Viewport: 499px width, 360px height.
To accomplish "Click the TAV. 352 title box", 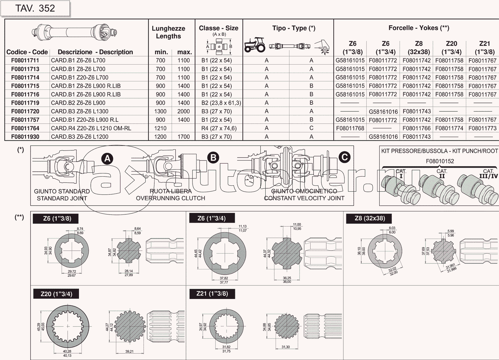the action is click(35, 9).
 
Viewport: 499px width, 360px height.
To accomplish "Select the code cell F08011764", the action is click(25, 129).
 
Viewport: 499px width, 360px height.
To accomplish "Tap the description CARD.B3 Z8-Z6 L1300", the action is click(80, 111).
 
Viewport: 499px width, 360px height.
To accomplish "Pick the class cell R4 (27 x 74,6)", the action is click(219, 129).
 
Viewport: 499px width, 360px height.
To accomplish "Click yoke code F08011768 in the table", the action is click(350, 129).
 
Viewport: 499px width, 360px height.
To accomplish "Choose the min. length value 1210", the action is click(160, 129).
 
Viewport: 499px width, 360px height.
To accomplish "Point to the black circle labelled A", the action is click(107, 159).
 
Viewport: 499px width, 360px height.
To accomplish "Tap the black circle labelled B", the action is click(213, 158).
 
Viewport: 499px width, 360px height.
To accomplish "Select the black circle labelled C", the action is click(344, 157).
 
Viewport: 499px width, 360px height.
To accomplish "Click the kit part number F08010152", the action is click(440, 161).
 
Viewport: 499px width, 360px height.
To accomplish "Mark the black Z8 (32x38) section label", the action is click(370, 218).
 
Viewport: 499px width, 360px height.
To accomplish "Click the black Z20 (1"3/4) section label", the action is click(56, 294).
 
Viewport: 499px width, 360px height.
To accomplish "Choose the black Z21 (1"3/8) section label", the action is click(212, 294).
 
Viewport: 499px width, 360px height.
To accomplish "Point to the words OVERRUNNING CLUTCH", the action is click(171, 198).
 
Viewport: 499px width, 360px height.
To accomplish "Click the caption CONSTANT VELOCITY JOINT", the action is click(304, 198).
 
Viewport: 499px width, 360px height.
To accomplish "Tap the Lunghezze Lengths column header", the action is click(168, 32).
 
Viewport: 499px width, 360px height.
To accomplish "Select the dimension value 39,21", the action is click(129, 351).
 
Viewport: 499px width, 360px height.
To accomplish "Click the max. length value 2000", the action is click(183, 111).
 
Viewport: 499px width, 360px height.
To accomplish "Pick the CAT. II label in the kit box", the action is click(442, 174).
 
